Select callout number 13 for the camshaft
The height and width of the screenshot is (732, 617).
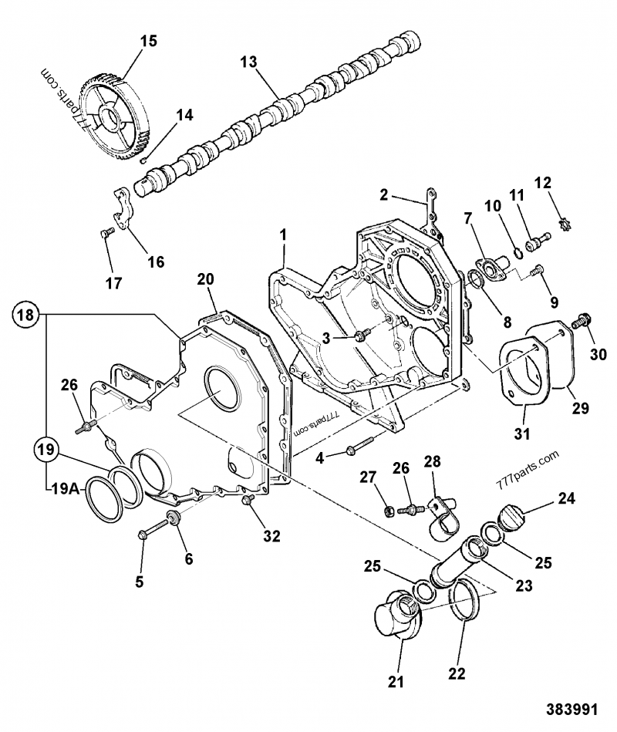click(248, 62)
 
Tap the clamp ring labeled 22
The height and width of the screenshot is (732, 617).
click(464, 606)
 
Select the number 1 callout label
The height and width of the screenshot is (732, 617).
click(283, 233)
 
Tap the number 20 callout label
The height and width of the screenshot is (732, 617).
click(204, 278)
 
